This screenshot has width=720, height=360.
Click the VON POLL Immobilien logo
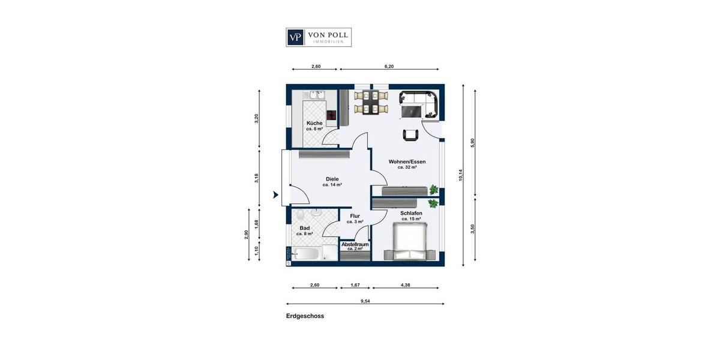318,37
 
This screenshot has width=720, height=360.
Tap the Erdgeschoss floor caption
305,316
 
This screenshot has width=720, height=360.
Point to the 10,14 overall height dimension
461,175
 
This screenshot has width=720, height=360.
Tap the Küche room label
314,123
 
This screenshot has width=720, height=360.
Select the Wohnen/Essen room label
407,162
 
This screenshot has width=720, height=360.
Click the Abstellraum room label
355,245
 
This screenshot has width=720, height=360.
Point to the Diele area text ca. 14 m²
332,185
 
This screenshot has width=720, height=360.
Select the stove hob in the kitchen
330,115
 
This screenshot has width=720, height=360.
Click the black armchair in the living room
410,135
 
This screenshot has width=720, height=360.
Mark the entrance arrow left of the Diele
275,194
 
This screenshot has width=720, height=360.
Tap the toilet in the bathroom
315,213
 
